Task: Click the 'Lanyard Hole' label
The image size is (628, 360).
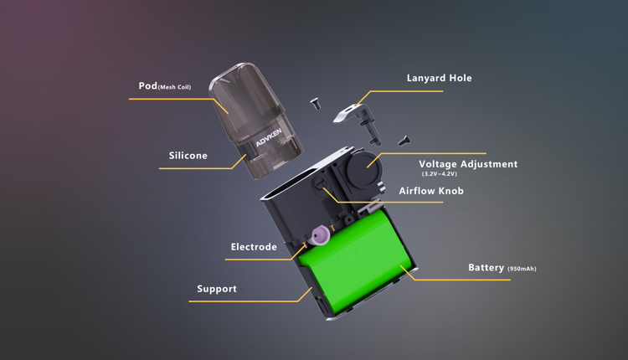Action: tap(439, 78)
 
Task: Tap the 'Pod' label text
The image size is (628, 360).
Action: tap(147, 85)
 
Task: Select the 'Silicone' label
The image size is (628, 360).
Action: tap(188, 156)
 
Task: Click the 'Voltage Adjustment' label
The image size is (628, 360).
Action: tap(468, 164)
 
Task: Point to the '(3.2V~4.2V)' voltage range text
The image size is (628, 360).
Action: tap(439, 174)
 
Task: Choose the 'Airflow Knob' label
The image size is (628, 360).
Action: tap(431, 191)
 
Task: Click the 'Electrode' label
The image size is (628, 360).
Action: tap(254, 247)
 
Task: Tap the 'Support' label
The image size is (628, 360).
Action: tap(217, 289)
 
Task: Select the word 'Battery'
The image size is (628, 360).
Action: tap(486, 268)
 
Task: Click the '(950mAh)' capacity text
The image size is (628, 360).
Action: tap(522, 269)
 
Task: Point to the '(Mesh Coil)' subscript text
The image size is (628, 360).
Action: tap(175, 87)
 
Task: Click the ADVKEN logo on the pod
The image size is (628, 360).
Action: tap(269, 137)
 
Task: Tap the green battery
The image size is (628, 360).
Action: tap(357, 260)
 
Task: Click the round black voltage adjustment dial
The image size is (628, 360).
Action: tap(363, 168)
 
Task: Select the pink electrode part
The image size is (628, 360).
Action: tap(321, 235)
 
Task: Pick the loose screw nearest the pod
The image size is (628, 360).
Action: tap(316, 104)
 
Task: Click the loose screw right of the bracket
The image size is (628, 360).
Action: tap(404, 141)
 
